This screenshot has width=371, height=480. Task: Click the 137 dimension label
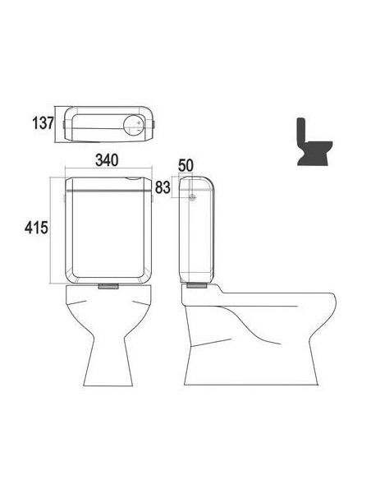click(43, 123)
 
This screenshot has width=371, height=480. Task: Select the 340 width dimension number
click(107, 160)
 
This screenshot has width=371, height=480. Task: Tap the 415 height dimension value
click(36, 228)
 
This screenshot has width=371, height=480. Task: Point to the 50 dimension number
click(185, 165)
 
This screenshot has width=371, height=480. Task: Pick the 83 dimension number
click(163, 187)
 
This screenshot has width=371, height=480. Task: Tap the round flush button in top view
click(133, 126)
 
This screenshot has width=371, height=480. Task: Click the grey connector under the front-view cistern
click(108, 286)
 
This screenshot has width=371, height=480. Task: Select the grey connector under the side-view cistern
click(197, 285)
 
